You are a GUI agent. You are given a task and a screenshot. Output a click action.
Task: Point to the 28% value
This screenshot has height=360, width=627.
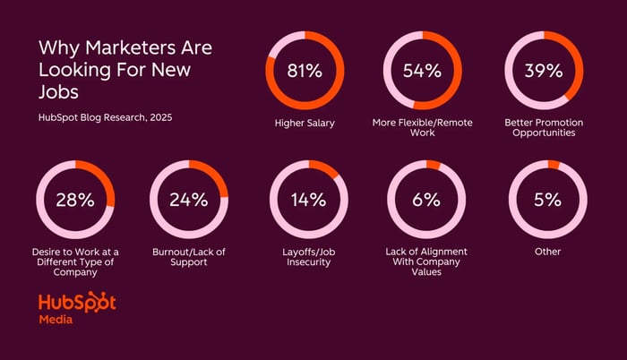tap(74, 200)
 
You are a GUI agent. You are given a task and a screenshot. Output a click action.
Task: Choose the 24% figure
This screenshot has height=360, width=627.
tap(189, 200)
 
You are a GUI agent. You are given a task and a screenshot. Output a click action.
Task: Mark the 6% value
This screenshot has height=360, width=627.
tap(425, 200)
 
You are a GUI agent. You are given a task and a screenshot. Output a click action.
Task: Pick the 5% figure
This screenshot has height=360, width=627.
tap(546, 200)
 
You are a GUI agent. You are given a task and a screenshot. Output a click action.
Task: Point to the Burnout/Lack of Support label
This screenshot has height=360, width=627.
tap(189, 258)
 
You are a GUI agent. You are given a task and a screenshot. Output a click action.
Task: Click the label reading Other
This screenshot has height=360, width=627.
tap(546, 252)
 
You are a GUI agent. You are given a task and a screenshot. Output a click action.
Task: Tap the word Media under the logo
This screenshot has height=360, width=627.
tap(56, 320)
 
